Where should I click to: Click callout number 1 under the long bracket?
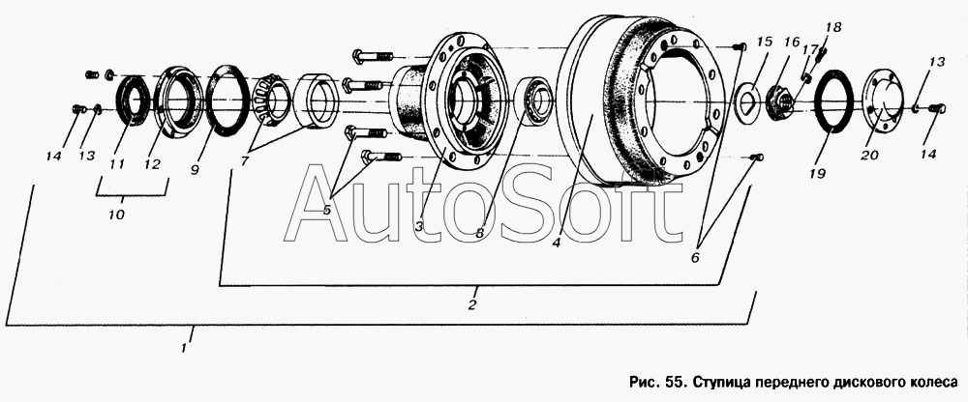point(184,348)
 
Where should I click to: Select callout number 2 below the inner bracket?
point(472,304)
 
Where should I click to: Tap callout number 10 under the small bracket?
point(117,215)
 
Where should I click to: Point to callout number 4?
point(557,243)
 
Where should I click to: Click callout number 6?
point(695,258)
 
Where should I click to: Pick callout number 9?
point(196,168)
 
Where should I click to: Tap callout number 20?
point(869,156)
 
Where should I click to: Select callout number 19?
point(817,175)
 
